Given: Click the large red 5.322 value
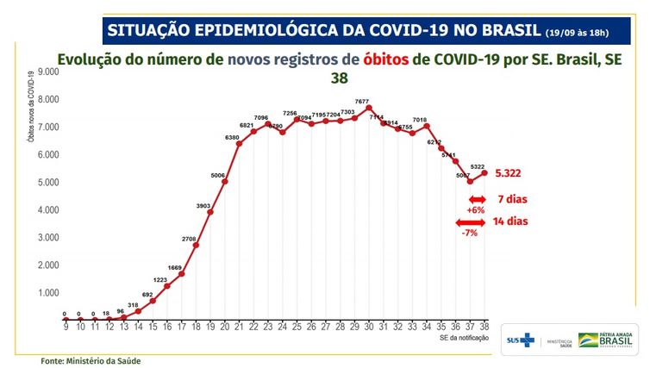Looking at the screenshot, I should pyautogui.click(x=512, y=173).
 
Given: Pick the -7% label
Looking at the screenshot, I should pyautogui.click(x=470, y=233).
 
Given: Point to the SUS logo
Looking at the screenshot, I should pyautogui.click(x=521, y=340).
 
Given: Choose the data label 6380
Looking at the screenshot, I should pyautogui.click(x=233, y=136).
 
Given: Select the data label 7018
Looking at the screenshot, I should pyautogui.click(x=420, y=120).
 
